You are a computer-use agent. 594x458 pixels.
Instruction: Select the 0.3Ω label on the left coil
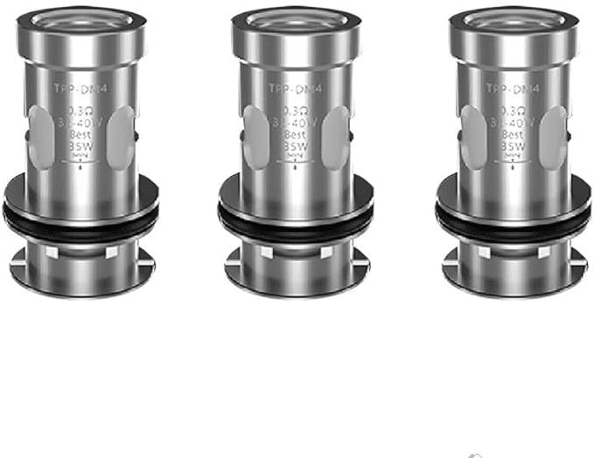tap(80, 112)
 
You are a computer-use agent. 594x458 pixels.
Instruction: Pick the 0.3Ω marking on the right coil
tap(513, 112)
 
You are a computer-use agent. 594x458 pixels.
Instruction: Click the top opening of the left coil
tap(80, 19)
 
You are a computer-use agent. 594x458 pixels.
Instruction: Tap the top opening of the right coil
tap(513, 19)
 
